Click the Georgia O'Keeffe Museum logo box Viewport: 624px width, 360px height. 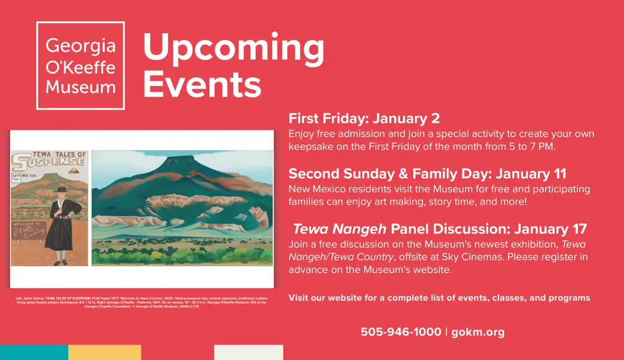[80, 66]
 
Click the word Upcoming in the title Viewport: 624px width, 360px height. [234, 48]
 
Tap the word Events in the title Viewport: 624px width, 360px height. [202, 84]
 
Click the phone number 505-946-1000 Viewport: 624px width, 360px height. [401, 332]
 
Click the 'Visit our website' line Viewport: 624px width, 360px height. [439, 298]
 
